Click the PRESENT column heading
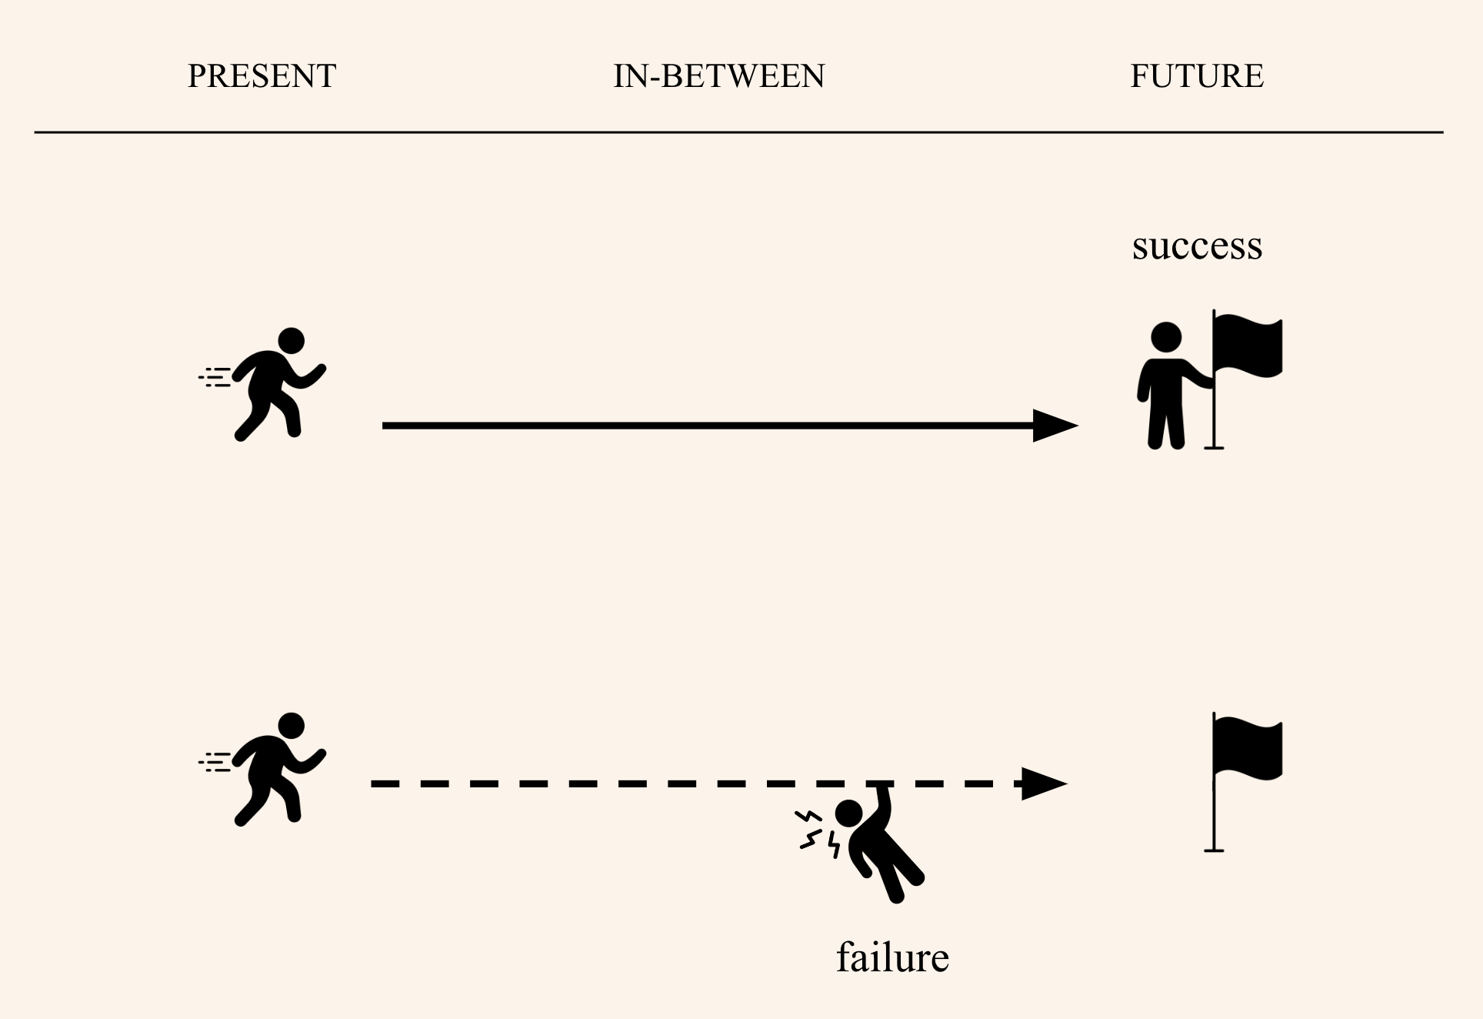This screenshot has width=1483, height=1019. point(262,76)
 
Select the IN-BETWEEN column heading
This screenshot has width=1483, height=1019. point(718,76)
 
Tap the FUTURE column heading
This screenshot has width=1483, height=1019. point(1196,76)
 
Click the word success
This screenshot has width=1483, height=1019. point(1197,246)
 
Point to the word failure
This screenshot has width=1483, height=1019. point(892,958)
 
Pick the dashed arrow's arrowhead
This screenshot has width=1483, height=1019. point(1044,784)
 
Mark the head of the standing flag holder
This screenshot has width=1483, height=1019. point(1166,337)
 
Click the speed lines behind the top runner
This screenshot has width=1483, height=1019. point(215,377)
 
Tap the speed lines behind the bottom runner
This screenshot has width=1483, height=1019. point(215,763)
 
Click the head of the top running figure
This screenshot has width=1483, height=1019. point(292,341)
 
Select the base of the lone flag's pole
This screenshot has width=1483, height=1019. point(1214,850)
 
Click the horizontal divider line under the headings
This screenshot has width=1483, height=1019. point(738,132)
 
